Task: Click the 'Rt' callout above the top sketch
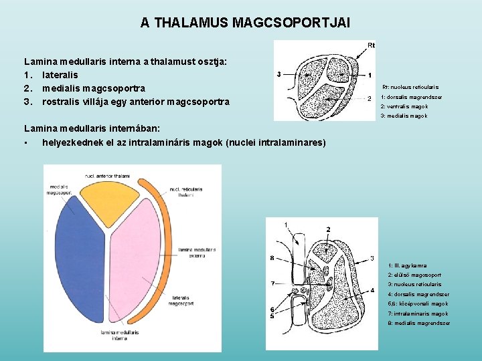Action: pyautogui.click(x=372, y=45)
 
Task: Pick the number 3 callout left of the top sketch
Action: pyautogui.click(x=278, y=74)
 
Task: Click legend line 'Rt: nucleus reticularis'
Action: pyautogui.click(x=410, y=87)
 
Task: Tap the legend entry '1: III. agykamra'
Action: pyautogui.click(x=407, y=265)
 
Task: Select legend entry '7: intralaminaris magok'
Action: pyautogui.click(x=418, y=314)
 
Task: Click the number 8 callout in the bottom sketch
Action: pyautogui.click(x=271, y=257)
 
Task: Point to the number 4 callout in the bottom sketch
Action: pyautogui.click(x=372, y=291)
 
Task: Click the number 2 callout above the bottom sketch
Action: pyautogui.click(x=328, y=229)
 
